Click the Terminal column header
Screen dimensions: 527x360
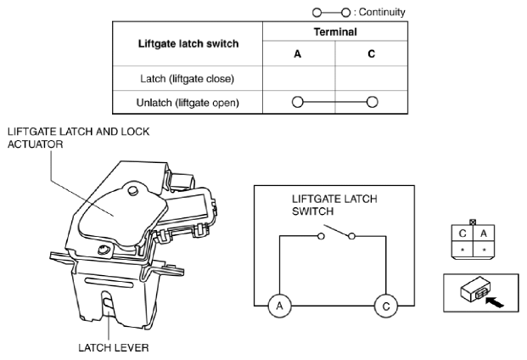click(335, 32)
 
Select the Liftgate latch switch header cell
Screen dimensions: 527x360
click(188, 43)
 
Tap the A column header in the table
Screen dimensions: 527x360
click(298, 53)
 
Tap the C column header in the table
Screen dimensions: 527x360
click(371, 53)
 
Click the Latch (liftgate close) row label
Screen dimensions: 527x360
click(188, 79)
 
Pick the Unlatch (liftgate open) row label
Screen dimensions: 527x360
click(188, 103)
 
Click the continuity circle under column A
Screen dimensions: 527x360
click(298, 102)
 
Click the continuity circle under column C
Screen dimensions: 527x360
click(372, 102)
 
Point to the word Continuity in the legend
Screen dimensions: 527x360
click(382, 12)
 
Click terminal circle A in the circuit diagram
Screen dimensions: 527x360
click(280, 306)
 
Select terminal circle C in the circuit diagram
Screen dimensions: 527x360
click(386, 306)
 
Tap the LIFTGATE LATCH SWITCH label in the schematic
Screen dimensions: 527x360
click(334, 205)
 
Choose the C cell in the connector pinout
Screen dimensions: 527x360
click(463, 233)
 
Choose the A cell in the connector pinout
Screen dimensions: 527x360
click(484, 233)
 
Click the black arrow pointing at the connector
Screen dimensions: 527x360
click(495, 301)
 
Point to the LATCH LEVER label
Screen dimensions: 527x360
click(113, 347)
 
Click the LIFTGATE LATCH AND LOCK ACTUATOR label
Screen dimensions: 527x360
click(78, 138)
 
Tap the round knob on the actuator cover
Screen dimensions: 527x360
click(132, 190)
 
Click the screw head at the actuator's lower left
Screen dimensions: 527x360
click(103, 250)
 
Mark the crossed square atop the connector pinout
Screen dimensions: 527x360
click(473, 222)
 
